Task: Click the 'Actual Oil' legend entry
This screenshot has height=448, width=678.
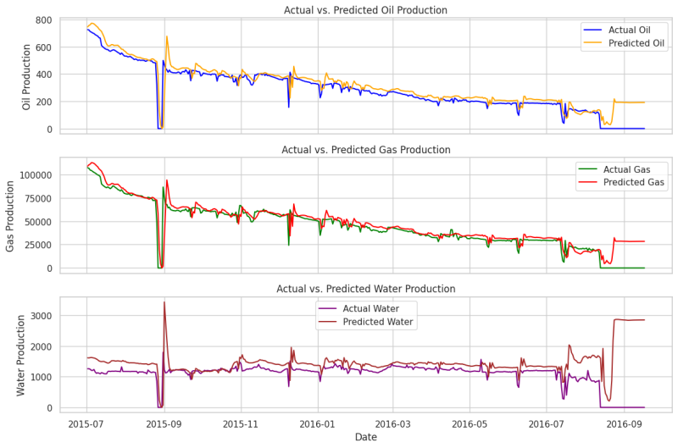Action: [x=628, y=30]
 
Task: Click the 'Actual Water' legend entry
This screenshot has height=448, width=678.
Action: [x=370, y=308]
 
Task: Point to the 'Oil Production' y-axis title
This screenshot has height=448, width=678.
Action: [x=26, y=77]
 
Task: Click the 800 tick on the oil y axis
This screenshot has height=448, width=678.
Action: [x=43, y=19]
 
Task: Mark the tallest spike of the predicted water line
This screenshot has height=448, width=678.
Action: [x=164, y=302]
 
